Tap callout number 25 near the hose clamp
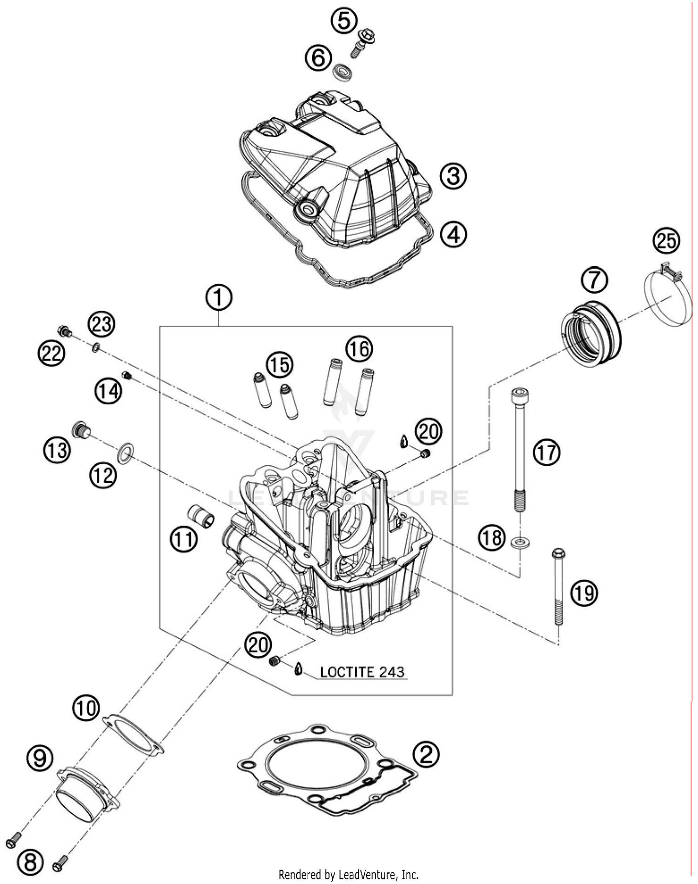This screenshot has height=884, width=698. pos(666,241)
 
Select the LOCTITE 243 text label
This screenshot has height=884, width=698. pos(362,672)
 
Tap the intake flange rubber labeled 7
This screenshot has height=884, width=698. pos(590,335)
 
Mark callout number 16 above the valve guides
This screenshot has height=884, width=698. pos(359,349)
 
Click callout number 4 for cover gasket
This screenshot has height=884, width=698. pos(453,234)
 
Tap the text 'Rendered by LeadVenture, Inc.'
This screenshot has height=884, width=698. pos(348,875)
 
